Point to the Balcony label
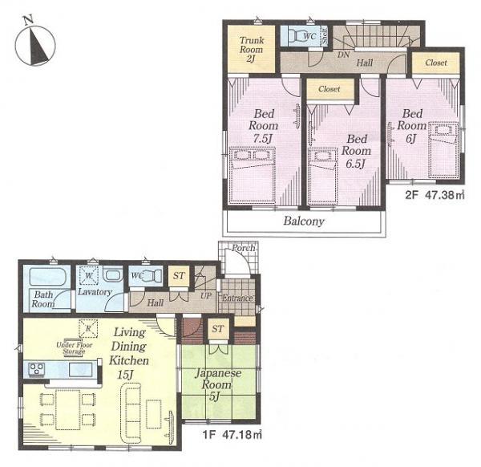(302, 221)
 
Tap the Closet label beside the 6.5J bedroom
(329, 89)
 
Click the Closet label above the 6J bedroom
(436, 63)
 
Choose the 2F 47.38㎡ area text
(435, 195)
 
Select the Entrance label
(237, 298)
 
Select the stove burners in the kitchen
(36, 369)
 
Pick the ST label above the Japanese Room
(216, 328)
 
